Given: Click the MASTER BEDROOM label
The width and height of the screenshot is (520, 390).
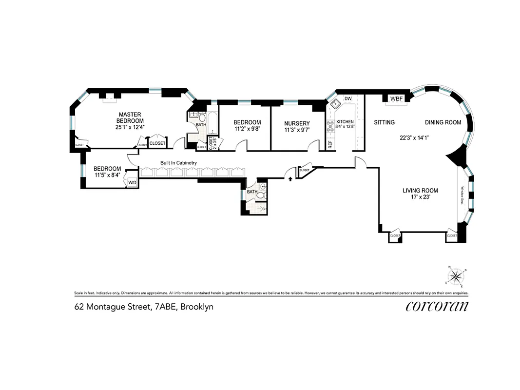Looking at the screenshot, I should (130, 117).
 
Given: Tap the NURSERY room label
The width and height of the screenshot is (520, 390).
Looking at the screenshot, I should (297, 123).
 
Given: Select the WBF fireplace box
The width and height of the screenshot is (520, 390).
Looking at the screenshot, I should (397, 99).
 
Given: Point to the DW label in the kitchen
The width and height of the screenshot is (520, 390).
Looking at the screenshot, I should (348, 99).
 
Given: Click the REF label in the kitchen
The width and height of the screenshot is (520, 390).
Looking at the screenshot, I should (330, 145).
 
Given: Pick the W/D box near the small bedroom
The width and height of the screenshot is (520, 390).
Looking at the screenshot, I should (132, 182).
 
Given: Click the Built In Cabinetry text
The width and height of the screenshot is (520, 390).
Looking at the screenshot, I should (179, 163).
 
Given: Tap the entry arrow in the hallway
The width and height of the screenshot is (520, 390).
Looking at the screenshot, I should (290, 179).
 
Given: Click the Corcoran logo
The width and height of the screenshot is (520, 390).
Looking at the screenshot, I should (437, 306).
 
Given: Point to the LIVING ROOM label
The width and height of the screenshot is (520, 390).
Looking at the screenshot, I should (420, 191).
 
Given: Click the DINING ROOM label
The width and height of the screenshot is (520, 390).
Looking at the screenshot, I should (443, 122).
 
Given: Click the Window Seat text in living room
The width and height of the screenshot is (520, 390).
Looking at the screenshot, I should (462, 195).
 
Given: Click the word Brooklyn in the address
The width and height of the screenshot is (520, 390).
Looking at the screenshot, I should (197, 307).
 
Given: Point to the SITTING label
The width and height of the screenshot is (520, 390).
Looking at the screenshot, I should (384, 122).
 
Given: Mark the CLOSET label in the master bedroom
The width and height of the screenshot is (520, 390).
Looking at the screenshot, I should (157, 143).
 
